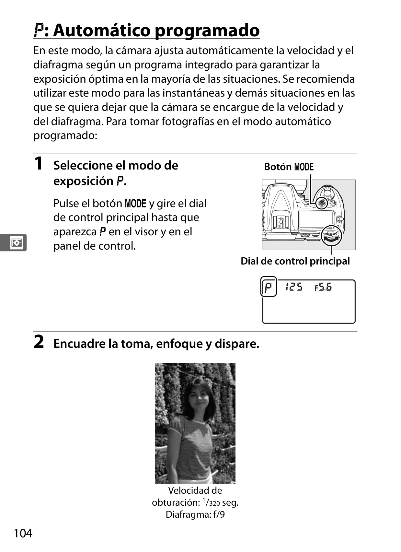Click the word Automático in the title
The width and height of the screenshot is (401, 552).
coord(101,30)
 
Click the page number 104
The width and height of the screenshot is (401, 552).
coord(23,533)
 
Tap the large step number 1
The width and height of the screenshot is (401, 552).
coord(39,163)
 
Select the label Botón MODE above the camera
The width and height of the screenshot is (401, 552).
coord(289,167)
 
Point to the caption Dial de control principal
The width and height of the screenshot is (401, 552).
coord(295,261)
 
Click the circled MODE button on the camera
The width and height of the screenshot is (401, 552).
coord(321,203)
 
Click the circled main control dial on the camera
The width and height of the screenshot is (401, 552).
coord(332,236)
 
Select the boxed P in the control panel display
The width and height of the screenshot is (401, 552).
coord(269,287)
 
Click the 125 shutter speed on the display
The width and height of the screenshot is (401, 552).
coord(294,287)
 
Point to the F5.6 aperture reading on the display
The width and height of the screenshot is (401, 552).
coord(323,287)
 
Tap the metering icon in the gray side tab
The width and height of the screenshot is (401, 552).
coord(17,243)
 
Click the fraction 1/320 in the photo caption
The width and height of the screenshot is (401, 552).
coord(211,502)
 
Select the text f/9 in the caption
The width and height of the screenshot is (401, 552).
coord(219,514)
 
